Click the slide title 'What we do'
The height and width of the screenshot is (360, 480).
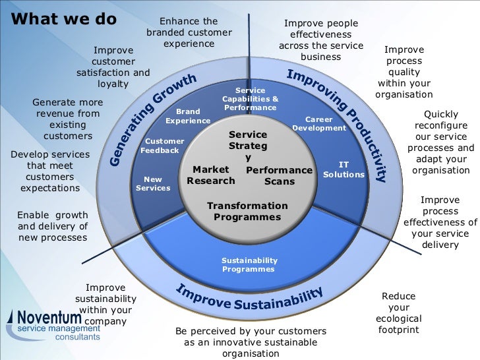pyautogui.click(x=64, y=18)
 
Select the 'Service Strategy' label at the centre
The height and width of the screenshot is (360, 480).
pyautogui.click(x=248, y=146)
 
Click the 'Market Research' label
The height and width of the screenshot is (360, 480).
pyautogui.click(x=211, y=175)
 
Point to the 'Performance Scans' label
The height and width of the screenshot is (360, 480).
pyautogui.click(x=279, y=176)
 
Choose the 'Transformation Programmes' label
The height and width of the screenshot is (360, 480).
pyautogui.click(x=247, y=212)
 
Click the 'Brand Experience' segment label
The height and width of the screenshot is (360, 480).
pyautogui.click(x=188, y=117)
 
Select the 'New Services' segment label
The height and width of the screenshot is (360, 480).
pyautogui.click(x=153, y=183)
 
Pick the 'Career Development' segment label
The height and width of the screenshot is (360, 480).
pyautogui.click(x=319, y=124)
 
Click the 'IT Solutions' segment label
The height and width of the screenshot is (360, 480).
pyautogui.click(x=344, y=169)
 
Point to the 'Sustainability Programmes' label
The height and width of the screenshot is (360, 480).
pyautogui.click(x=249, y=264)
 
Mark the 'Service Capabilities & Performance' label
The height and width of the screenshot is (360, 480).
pyautogui.click(x=250, y=99)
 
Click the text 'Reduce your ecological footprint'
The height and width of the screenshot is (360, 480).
pyautogui.click(x=399, y=313)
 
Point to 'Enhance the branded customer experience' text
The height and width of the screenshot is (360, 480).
pyautogui.click(x=189, y=32)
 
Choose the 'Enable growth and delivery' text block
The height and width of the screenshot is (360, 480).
pyautogui.click(x=52, y=225)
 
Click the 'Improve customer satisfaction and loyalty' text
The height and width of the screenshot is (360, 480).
pyautogui.click(x=113, y=67)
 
